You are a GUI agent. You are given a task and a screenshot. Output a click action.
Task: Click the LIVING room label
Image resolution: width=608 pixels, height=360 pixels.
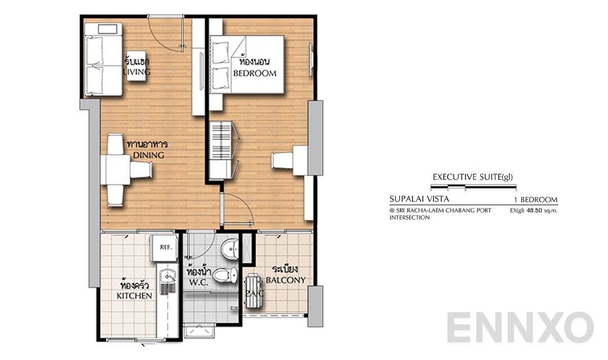(137, 72)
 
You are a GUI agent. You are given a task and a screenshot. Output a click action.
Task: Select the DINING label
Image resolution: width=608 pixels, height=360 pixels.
(145, 155)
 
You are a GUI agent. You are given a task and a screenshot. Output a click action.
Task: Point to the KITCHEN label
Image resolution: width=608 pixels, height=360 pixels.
(134, 295)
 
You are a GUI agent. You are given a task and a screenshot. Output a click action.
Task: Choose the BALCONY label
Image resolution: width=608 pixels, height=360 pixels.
(285, 280)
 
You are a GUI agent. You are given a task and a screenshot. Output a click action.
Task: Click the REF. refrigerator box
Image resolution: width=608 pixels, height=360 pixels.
(165, 246)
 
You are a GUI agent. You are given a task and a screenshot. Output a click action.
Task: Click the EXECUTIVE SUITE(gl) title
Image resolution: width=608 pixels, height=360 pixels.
(472, 177)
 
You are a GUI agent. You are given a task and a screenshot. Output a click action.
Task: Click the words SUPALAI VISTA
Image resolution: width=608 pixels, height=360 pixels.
(419, 199)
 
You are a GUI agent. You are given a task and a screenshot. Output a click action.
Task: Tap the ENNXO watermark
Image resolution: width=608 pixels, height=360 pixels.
(520, 328)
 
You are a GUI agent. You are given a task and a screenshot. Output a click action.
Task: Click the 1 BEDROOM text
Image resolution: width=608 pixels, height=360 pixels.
(535, 199)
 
